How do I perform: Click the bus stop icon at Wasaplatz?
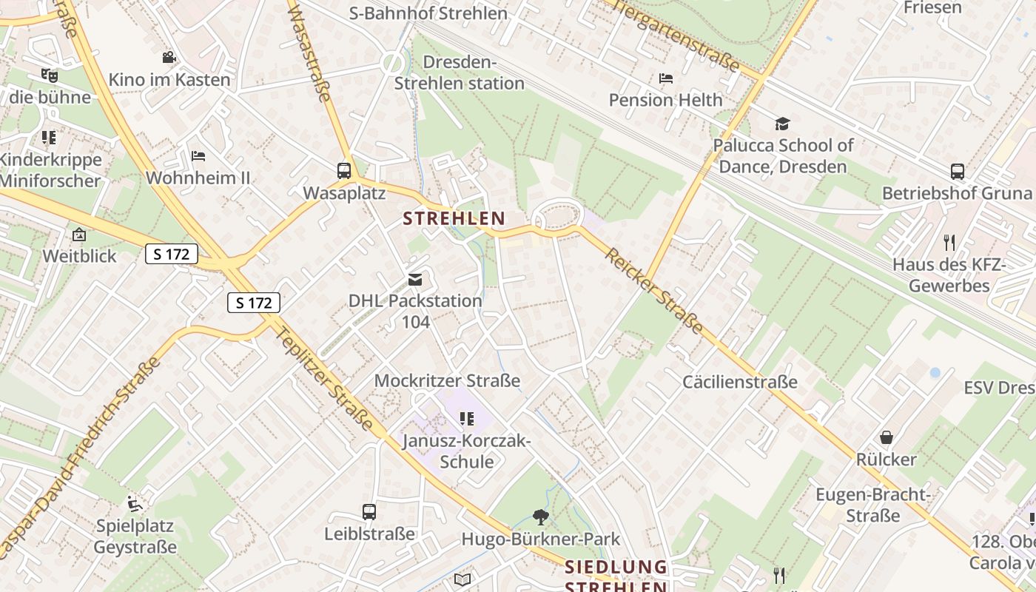click(344, 171)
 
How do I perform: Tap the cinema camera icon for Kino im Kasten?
click(169, 58)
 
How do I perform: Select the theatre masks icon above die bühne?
click(49, 75)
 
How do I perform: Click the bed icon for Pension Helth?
click(665, 78)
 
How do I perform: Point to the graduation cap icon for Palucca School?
click(782, 124)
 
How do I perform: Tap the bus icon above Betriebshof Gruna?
click(957, 172)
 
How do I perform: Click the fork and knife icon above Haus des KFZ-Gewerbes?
click(950, 242)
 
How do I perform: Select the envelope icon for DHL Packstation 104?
click(414, 279)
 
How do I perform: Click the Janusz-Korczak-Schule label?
click(466, 451)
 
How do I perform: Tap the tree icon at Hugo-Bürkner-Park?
click(541, 517)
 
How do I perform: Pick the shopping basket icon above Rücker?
click(886, 437)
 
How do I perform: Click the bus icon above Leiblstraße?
click(369, 511)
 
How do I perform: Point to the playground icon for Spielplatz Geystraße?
click(135, 504)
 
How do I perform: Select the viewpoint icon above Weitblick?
click(79, 235)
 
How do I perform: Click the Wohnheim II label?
click(198, 178)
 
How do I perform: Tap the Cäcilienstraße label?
click(740, 382)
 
